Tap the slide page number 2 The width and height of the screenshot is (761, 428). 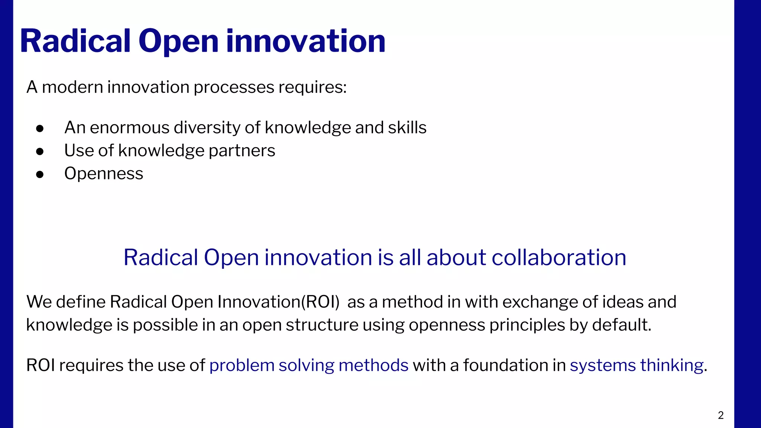point(720,415)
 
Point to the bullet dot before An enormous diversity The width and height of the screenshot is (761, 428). point(40,129)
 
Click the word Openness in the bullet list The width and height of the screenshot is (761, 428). point(104,174)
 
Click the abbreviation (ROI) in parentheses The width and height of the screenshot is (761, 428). point(320,302)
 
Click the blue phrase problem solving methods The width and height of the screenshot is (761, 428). point(309,365)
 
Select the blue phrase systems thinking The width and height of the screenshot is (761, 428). point(637,365)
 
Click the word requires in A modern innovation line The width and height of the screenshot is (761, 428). point(312,88)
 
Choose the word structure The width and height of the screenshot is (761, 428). point(322,325)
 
